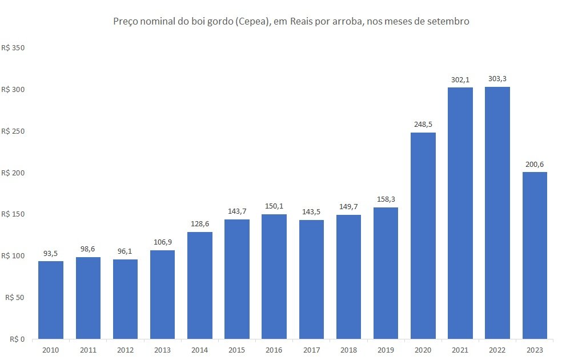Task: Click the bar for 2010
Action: [51, 300]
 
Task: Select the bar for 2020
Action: [423, 235]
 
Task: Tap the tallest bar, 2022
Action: [497, 213]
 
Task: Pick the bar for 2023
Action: [535, 255]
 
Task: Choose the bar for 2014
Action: [200, 286]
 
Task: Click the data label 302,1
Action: [460, 79]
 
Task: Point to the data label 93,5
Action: [50, 253]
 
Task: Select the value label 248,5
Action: [423, 125]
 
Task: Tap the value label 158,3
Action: [386, 199]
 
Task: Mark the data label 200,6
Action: [535, 164]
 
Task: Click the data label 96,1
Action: [125, 251]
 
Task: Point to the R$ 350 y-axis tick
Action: [13, 48]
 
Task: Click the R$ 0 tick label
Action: [17, 339]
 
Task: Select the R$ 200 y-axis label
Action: [13, 173]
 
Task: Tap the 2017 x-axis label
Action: [311, 350]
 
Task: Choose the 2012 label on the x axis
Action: [125, 350]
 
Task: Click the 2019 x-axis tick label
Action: [386, 350]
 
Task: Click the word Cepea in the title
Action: [252, 21]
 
